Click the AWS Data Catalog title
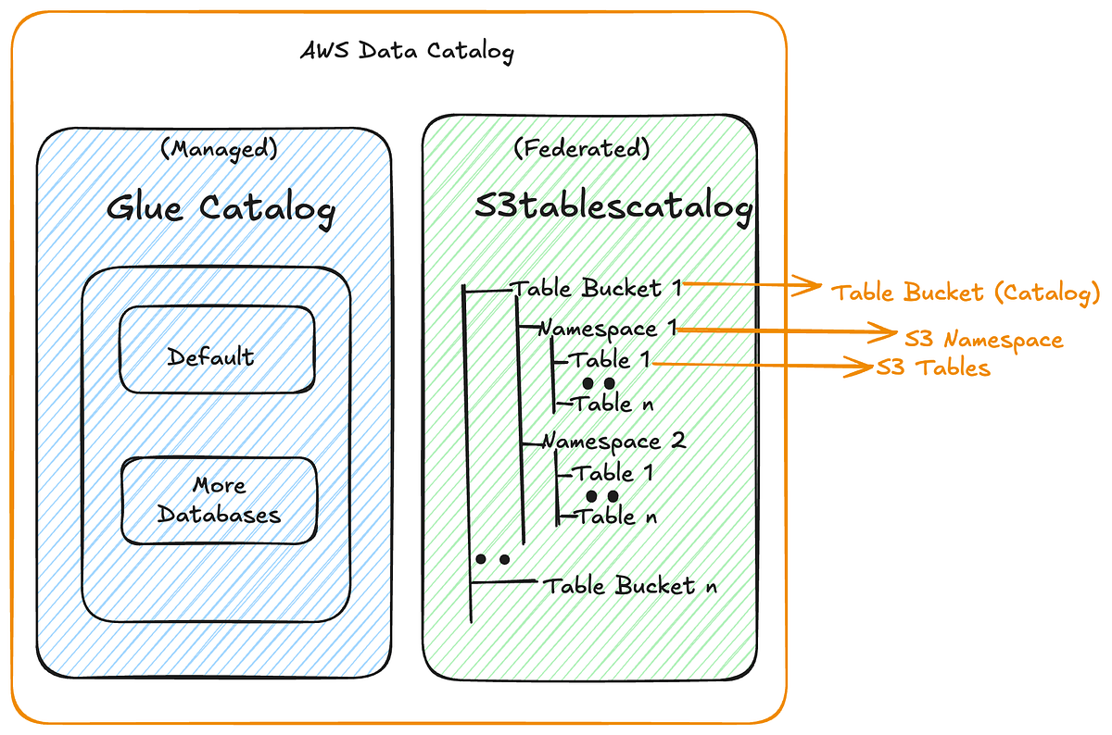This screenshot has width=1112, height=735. click(x=406, y=51)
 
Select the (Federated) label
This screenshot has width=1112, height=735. click(x=582, y=147)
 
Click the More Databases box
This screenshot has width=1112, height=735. click(x=220, y=499)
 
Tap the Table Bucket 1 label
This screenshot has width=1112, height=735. click(x=598, y=288)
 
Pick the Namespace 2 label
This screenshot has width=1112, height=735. click(x=613, y=441)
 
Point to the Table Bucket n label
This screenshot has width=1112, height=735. click(x=629, y=586)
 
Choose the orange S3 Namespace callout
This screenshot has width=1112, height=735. click(x=983, y=339)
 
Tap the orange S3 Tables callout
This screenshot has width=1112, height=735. click(x=934, y=367)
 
